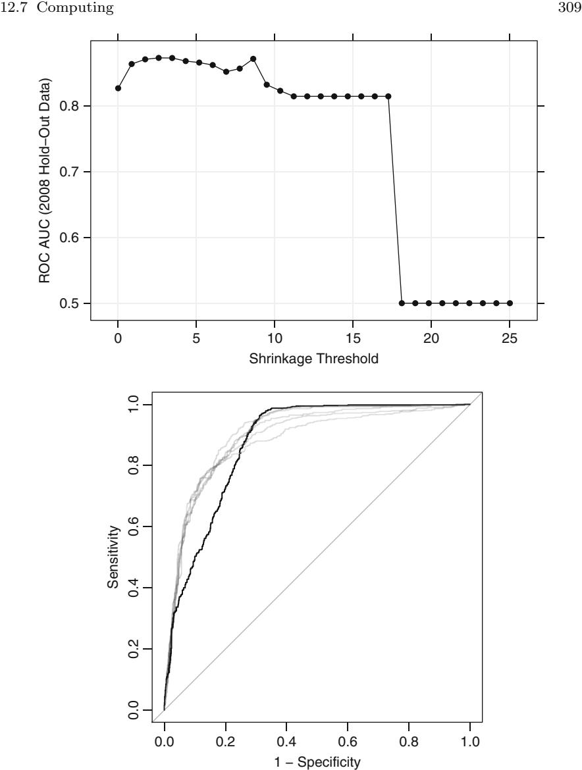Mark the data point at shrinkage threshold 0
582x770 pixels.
(118, 88)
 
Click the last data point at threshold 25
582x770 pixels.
(510, 303)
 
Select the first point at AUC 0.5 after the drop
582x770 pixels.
(402, 303)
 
